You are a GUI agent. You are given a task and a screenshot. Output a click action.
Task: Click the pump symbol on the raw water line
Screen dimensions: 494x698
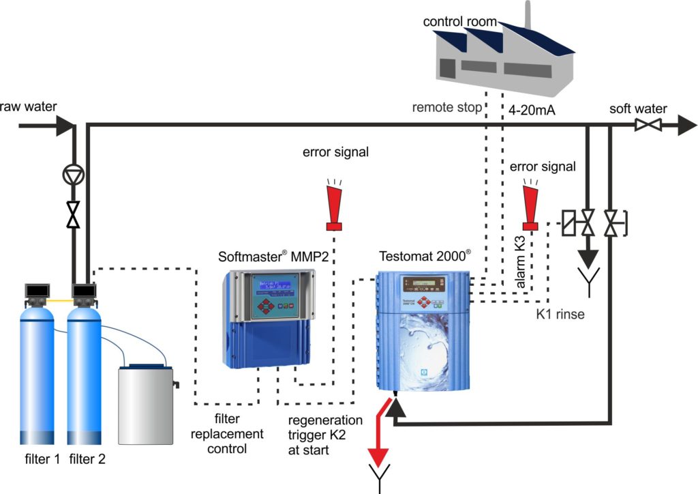point(72,176)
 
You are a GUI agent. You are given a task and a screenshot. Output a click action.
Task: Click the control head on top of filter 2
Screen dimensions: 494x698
point(85,294)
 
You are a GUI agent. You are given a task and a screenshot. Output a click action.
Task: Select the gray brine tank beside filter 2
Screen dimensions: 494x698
point(145,405)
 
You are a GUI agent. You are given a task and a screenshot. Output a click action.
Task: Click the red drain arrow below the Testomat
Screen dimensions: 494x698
point(378,437)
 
